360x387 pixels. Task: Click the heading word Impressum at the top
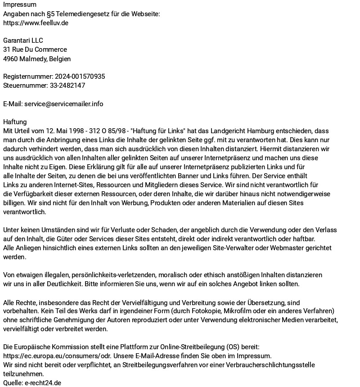20,4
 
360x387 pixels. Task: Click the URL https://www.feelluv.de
36,22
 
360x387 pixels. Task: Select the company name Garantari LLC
23,40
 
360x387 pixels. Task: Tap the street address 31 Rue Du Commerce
35,49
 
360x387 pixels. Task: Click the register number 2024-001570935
80,76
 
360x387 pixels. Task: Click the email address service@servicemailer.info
63,103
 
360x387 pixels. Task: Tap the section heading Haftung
15,121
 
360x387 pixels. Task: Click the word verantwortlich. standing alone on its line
24,211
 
